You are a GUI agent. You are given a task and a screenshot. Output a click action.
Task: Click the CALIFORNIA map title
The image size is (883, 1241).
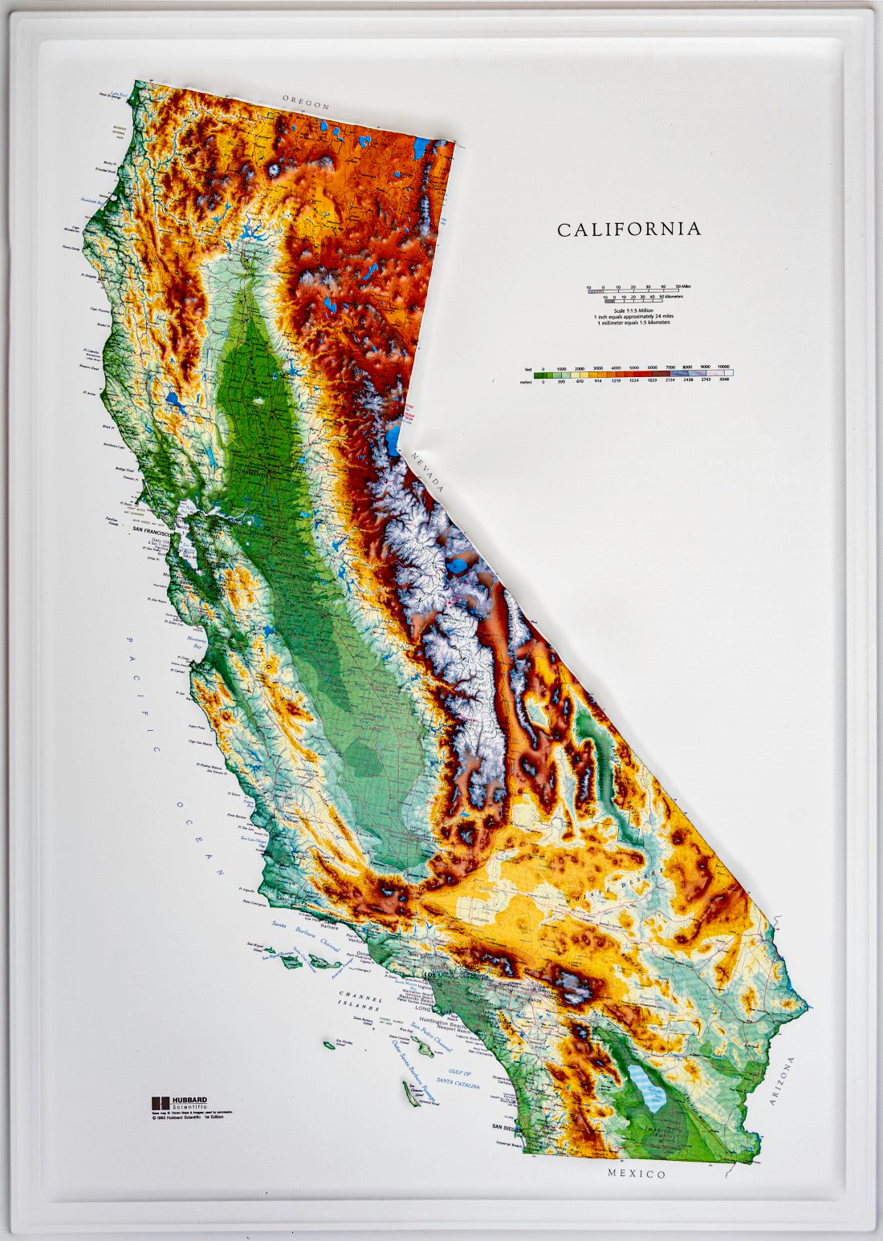click(x=629, y=229)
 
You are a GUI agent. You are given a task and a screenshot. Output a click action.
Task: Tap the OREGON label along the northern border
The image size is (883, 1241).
click(x=306, y=103)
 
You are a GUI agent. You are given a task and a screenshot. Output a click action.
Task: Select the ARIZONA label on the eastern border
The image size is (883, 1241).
click(x=782, y=1081)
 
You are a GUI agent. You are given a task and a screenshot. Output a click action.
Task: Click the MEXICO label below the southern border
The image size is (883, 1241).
click(x=637, y=1174)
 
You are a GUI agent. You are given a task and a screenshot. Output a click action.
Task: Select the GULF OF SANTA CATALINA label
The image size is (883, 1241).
click(x=460, y=1080)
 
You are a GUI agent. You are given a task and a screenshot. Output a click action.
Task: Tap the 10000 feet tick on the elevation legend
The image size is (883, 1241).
click(x=723, y=367)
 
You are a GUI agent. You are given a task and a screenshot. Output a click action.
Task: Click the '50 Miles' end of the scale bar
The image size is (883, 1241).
click(x=683, y=286)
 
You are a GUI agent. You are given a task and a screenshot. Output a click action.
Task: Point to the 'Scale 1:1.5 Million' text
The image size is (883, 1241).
click(x=633, y=310)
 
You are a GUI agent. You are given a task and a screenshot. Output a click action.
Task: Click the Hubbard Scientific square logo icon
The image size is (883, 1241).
click(x=157, y=1102)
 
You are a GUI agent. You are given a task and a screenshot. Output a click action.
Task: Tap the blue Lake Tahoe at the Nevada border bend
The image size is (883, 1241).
click(x=394, y=440)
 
